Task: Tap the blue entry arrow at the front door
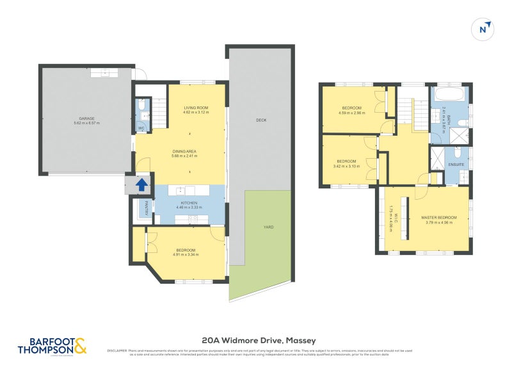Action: pyautogui.click(x=141, y=186)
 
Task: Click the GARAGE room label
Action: pyautogui.click(x=87, y=118)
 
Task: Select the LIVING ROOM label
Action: pyautogui.click(x=196, y=108)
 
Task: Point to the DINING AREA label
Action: pyautogui.click(x=184, y=151)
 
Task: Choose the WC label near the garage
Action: pyautogui.click(x=141, y=128)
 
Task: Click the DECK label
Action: pyautogui.click(x=260, y=120)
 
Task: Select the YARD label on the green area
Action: pyautogui.click(x=268, y=227)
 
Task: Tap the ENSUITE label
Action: pyautogui.click(x=456, y=165)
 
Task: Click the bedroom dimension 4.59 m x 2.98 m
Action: pyautogui.click(x=351, y=113)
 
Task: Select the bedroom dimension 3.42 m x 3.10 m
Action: pyautogui.click(x=347, y=166)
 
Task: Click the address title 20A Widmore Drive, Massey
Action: pyautogui.click(x=259, y=340)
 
